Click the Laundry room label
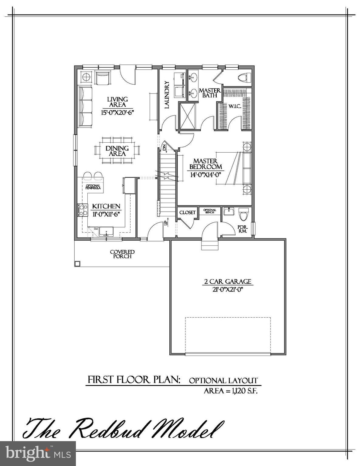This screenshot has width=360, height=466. click(x=166, y=95)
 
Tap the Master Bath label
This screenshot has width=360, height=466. click(x=209, y=93)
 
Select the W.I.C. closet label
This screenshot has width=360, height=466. click(x=235, y=106)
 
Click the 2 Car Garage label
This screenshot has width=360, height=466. click(x=228, y=282)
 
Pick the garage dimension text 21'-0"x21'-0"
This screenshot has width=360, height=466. click(x=228, y=289)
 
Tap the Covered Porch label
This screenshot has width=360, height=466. click(x=122, y=254)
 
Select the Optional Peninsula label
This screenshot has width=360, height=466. click(x=93, y=187)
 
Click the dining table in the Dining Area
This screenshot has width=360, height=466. click(x=117, y=150)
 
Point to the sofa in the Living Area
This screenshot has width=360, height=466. click(x=86, y=106)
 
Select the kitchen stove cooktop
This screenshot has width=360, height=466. click(x=82, y=210)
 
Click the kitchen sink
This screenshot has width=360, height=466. click(x=106, y=231)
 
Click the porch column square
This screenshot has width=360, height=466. click(x=77, y=263)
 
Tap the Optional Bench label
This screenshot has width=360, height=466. click(x=210, y=211)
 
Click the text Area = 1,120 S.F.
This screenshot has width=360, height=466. click(x=231, y=391)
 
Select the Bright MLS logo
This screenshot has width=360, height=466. click(x=38, y=454)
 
